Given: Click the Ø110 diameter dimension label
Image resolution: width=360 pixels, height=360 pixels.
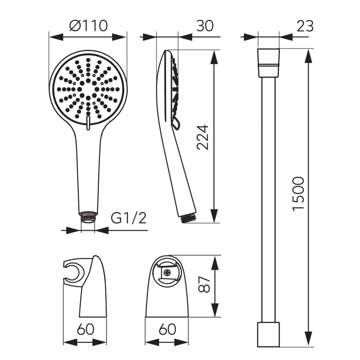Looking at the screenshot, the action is click(x=88, y=25).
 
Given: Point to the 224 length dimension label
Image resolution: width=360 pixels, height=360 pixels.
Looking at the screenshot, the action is click(x=203, y=137).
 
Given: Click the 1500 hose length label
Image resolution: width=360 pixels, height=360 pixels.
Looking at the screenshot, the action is click(x=298, y=194).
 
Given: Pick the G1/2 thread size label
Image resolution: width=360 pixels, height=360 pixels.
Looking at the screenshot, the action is click(x=128, y=217).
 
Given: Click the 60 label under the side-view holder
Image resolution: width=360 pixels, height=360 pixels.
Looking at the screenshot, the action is click(x=85, y=329).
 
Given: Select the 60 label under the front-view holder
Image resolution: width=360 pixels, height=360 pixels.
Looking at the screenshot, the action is click(x=167, y=329).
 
